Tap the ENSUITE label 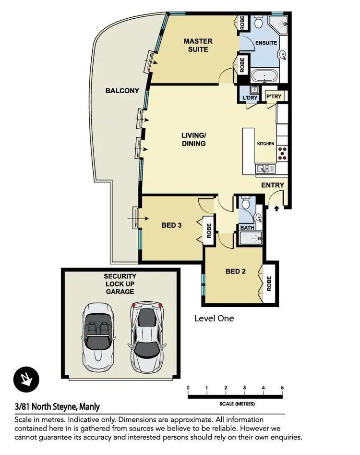point(266,43)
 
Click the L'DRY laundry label point(250,98)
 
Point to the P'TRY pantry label point(274,97)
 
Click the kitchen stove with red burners point(282,153)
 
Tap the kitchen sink point(265,168)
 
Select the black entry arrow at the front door point(276,208)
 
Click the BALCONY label point(122,90)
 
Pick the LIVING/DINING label point(194,139)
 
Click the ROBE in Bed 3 point(209,231)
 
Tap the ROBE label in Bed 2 point(269,283)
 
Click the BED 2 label point(236,271)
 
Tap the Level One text point(214,318)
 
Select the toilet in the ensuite point(258,23)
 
